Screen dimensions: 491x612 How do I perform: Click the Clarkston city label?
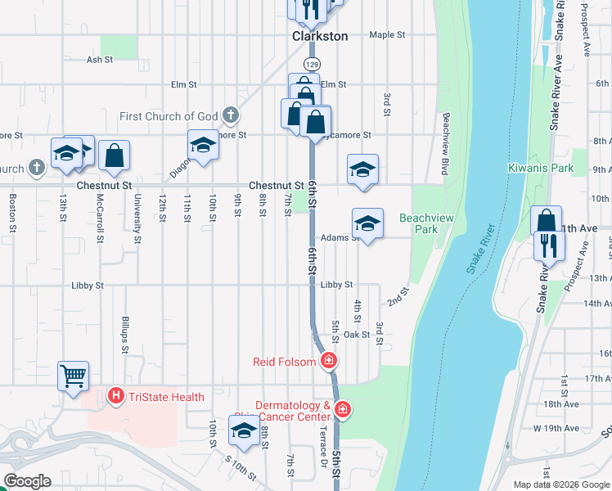click(x=320, y=36)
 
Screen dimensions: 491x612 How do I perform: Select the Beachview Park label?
click(x=425, y=223)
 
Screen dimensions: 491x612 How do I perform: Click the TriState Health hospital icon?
click(x=116, y=397)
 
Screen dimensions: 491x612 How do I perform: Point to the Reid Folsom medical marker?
click(x=329, y=359)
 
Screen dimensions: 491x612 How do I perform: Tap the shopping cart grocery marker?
click(x=74, y=376)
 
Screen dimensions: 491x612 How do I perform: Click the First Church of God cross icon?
click(x=231, y=116)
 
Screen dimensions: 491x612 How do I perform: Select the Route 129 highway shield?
click(x=311, y=64)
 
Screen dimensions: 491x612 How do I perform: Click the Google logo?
click(x=26, y=481)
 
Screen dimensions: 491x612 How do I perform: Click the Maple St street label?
click(x=387, y=35)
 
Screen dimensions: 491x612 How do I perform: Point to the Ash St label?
click(x=99, y=60)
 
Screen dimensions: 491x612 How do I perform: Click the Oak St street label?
click(x=357, y=335)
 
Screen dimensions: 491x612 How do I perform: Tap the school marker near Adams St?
click(x=367, y=223)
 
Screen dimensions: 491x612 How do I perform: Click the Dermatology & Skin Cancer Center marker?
click(x=342, y=409)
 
